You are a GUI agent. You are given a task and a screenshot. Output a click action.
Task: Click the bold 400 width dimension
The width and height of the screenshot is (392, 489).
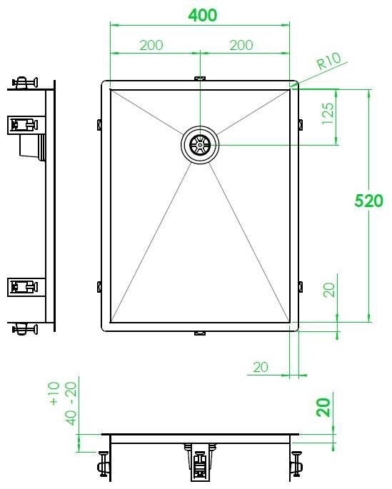(x=201, y=15)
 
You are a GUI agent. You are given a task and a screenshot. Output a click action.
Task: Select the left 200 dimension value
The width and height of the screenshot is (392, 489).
(x=151, y=45)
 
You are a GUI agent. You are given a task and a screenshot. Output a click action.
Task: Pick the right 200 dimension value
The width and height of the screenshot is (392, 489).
(x=241, y=45)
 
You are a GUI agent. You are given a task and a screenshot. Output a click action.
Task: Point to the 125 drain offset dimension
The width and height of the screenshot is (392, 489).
(x=328, y=113)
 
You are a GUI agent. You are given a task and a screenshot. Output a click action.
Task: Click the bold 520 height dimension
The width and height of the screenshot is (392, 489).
(x=369, y=201)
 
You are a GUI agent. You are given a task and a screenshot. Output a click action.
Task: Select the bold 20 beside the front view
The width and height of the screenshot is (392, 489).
(x=324, y=408)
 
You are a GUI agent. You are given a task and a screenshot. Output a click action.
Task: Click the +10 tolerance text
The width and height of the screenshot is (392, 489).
(x=56, y=393)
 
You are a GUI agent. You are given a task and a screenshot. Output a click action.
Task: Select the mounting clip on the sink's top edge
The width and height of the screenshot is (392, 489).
(x=200, y=79)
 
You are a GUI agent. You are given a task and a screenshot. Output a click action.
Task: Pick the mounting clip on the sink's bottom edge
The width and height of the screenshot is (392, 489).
(x=200, y=333)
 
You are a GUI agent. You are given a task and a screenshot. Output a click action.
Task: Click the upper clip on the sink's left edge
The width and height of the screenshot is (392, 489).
(x=99, y=125)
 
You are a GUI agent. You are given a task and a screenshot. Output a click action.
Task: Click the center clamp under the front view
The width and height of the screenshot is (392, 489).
(x=200, y=464)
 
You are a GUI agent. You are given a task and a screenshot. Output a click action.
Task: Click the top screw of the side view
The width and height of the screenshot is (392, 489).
(x=26, y=83)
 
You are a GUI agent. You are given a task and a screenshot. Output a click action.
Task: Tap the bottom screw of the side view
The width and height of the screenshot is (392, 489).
(x=26, y=329)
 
